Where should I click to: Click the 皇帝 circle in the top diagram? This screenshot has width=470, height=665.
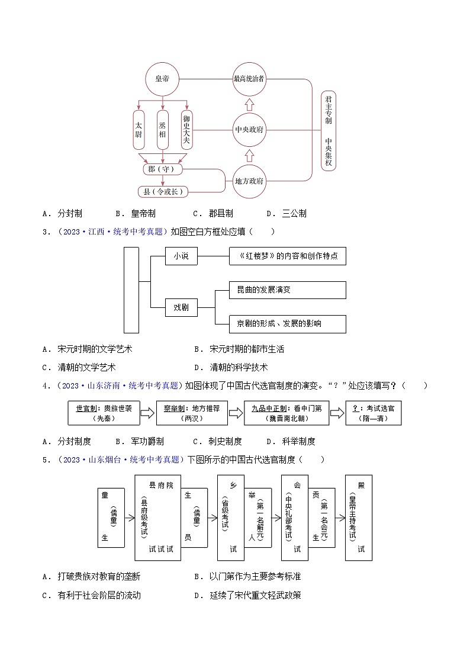(x=162, y=79)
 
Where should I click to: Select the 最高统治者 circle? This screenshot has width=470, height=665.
(x=249, y=79)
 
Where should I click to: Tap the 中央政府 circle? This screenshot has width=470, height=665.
(x=249, y=130)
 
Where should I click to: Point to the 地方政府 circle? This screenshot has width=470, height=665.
(x=249, y=181)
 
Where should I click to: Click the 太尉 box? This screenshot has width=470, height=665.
(x=139, y=130)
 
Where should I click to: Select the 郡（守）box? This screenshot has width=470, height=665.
(x=163, y=170)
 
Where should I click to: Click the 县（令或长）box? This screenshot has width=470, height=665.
(x=163, y=191)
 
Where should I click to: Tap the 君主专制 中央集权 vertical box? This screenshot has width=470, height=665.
(x=329, y=131)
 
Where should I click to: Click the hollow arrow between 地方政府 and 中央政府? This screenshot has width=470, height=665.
(x=249, y=155)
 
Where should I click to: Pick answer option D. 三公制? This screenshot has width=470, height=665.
(x=286, y=214)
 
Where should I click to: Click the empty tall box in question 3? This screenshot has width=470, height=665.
(x=131, y=290)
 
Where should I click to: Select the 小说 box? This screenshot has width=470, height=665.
(x=181, y=256)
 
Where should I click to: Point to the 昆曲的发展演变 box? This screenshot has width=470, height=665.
(x=287, y=290)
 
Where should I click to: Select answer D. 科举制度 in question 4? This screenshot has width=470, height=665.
(x=291, y=441)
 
